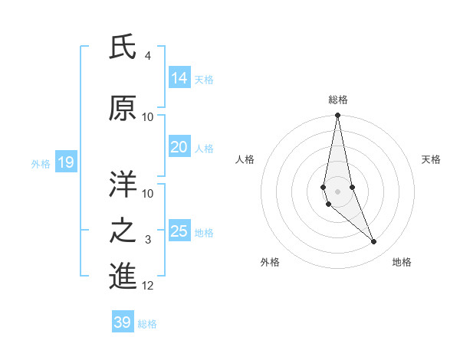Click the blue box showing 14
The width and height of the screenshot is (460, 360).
(179, 78)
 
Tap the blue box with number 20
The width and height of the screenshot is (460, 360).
(179, 148)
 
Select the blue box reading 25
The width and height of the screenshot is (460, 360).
(179, 231)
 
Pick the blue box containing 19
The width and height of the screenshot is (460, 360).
(65, 162)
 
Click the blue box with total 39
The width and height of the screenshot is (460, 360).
(123, 322)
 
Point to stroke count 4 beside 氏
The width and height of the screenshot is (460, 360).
(147, 56)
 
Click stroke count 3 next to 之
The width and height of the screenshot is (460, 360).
(147, 241)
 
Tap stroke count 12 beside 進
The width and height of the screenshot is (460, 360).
(148, 286)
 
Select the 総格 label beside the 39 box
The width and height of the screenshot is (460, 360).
(147, 324)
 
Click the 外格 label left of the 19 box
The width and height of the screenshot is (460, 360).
(41, 163)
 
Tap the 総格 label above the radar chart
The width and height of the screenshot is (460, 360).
(338, 100)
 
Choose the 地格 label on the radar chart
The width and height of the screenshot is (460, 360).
(402, 262)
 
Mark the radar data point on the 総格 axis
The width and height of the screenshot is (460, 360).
(337, 116)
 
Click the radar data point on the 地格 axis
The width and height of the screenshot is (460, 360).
(374, 242)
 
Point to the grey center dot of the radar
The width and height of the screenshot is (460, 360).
(337, 191)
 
